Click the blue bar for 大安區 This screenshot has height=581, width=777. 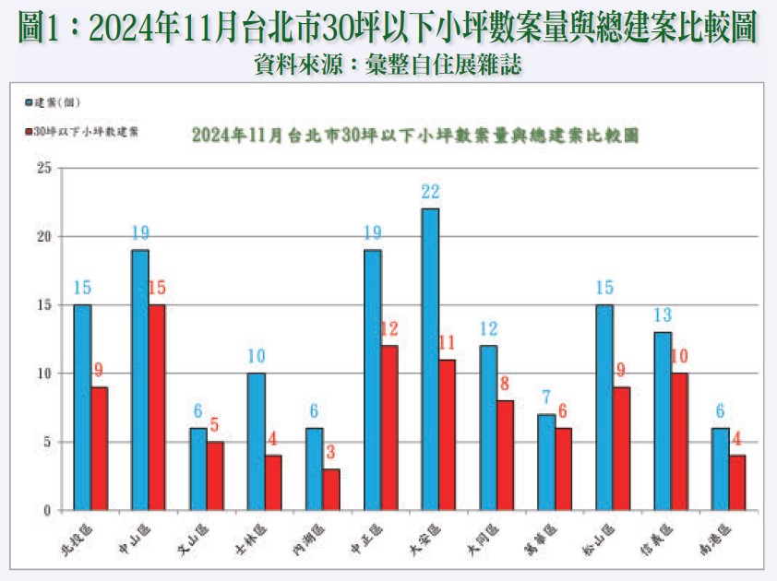pos(430,359)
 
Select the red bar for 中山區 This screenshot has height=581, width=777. pos(156,407)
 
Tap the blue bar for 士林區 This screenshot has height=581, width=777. pos(257,441)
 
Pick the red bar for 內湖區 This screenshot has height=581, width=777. pos(330,489)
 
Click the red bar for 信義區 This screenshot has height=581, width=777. pos(678,441)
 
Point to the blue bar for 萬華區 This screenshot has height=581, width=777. pos(546,461)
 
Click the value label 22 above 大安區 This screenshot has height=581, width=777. pos(430,192)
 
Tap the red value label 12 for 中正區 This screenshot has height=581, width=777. pos(388,329)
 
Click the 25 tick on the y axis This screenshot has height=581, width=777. pos(43,168)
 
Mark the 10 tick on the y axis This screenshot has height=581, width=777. pos(43,373)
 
